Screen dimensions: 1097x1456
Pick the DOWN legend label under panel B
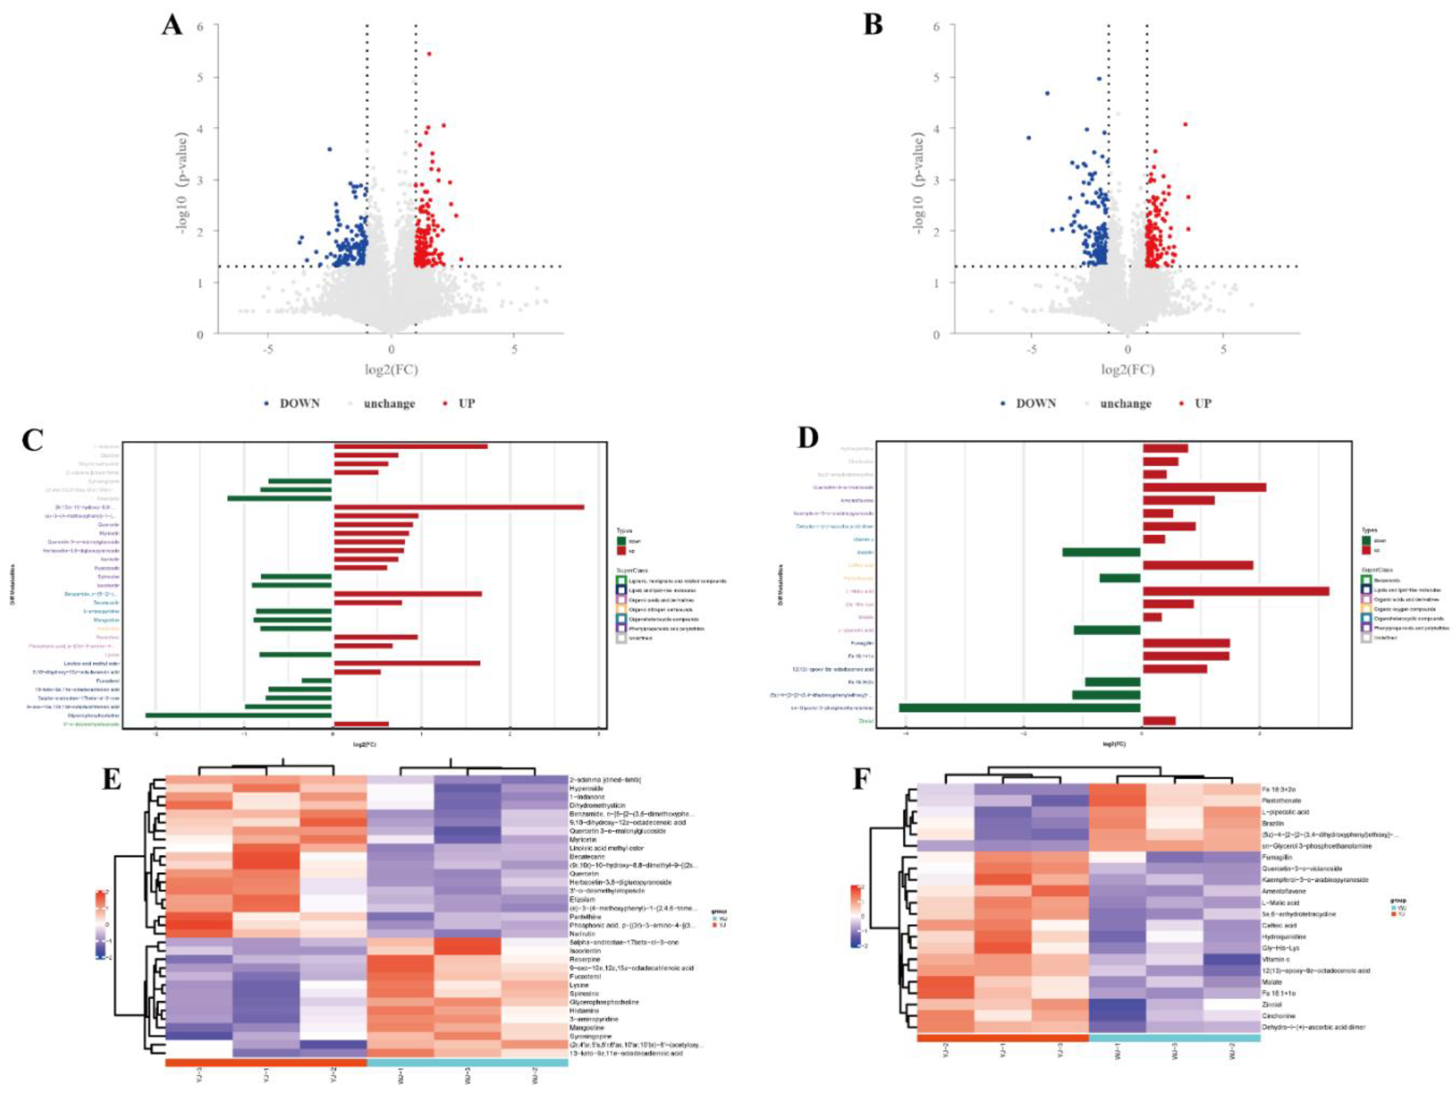click(x=1036, y=403)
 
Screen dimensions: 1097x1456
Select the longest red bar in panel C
click(x=459, y=507)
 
